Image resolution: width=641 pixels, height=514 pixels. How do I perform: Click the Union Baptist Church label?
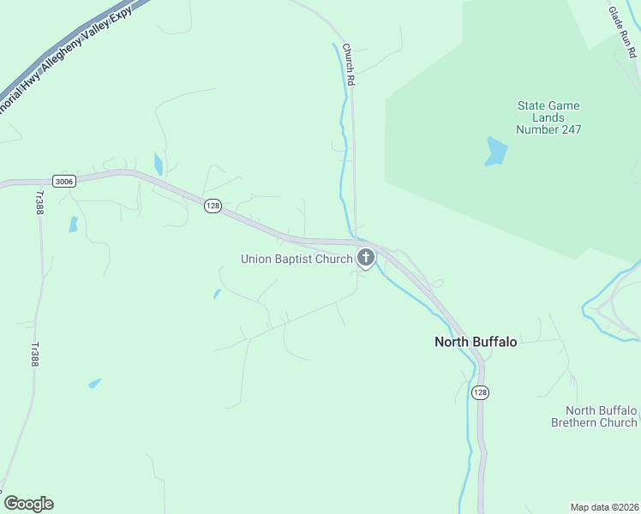click(x=296, y=259)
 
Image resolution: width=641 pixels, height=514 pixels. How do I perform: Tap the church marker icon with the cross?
click(x=366, y=257)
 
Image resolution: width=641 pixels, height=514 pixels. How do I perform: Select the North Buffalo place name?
click(x=476, y=342)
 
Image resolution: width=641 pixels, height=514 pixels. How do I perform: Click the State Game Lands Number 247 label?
click(x=548, y=118)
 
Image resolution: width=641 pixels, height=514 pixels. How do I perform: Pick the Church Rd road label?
click(x=348, y=64)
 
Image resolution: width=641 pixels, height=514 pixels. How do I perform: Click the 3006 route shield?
click(x=63, y=181)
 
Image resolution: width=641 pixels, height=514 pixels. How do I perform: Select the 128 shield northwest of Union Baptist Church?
click(x=213, y=206)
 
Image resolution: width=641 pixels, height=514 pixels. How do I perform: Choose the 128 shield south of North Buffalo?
click(x=480, y=391)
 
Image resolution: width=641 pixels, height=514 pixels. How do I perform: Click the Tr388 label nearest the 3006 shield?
click(x=39, y=202)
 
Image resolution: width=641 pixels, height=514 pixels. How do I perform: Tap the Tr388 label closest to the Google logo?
click(x=35, y=355)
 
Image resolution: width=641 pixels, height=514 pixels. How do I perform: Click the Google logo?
click(x=28, y=504)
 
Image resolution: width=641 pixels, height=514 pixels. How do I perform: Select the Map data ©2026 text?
click(x=604, y=506)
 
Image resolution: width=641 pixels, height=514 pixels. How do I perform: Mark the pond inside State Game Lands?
click(x=495, y=151)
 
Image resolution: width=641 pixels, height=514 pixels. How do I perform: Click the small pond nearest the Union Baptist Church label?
click(x=217, y=294)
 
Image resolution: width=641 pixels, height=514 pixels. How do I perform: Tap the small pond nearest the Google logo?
click(x=94, y=383)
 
